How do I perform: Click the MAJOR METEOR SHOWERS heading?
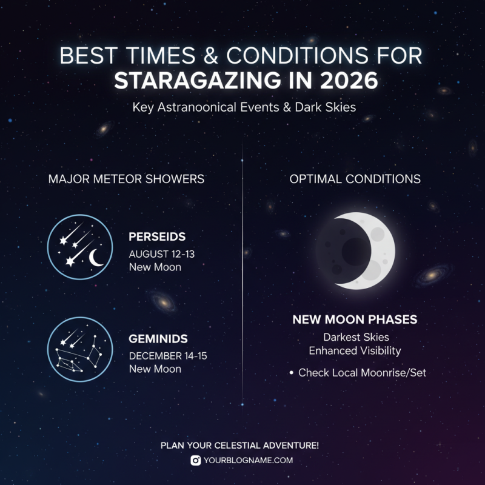coord(126,179)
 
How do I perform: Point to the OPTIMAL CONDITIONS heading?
coord(355,179)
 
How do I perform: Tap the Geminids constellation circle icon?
coord(80,349)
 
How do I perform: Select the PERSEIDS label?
coord(157,237)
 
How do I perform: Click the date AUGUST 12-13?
coord(162,253)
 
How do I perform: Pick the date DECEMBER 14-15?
coord(168,355)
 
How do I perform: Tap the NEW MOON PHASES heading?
coord(355,319)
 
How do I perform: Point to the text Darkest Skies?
coord(355,337)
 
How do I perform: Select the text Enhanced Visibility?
coord(355,351)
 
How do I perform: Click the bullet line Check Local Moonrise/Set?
coord(362,373)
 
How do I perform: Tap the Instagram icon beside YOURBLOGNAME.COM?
coord(196,460)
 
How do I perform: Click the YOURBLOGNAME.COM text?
coord(248,460)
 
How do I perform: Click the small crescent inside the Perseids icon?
coord(95,259)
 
